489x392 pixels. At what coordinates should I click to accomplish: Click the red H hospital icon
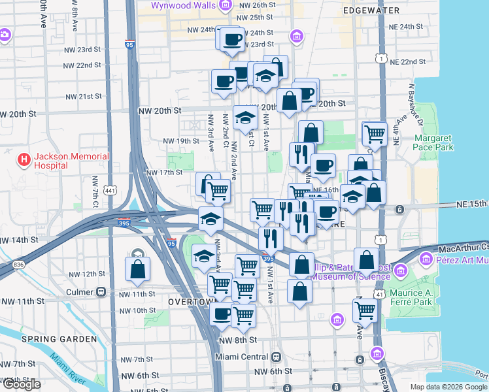[24, 159]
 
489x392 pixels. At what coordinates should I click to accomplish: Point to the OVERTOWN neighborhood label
[191, 302]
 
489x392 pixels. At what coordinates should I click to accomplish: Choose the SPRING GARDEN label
[50, 339]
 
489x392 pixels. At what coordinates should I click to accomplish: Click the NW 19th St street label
[180, 141]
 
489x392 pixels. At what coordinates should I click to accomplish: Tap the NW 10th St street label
[132, 310]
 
